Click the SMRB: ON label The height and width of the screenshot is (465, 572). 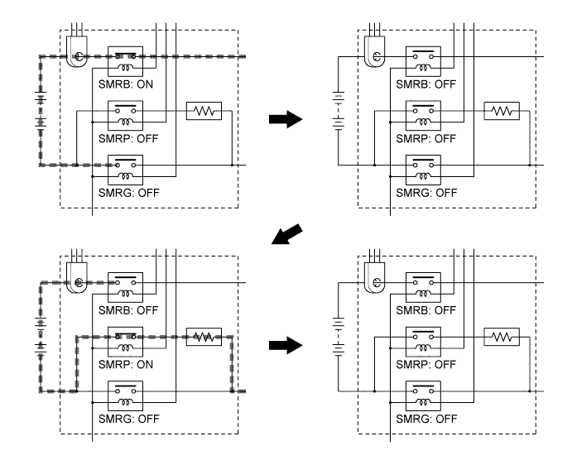point(126,84)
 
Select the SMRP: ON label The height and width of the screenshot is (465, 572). point(126,364)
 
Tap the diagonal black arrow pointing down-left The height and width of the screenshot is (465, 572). point(287,234)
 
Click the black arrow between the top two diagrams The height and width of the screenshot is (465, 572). point(286,119)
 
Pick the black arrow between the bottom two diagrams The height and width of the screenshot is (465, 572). point(286,345)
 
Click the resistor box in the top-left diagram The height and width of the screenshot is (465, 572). point(204,111)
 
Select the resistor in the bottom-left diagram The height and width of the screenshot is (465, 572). point(204,337)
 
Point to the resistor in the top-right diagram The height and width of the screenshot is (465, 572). point(502,111)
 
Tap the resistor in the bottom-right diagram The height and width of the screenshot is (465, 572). point(502,337)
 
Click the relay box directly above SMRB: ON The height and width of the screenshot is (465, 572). point(126,61)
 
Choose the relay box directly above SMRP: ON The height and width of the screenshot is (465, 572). point(126,342)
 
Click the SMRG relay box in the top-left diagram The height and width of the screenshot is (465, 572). point(126,170)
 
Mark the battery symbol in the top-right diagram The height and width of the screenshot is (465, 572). point(339,111)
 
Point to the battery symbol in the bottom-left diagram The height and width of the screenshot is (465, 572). point(41,336)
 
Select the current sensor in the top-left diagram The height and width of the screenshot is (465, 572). point(77,52)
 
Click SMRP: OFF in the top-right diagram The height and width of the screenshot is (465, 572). point(426,138)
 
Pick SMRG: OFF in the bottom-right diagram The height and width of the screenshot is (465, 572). point(426,419)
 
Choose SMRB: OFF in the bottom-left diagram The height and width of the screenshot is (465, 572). point(128,310)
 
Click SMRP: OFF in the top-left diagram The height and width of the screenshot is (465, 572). point(128,138)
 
